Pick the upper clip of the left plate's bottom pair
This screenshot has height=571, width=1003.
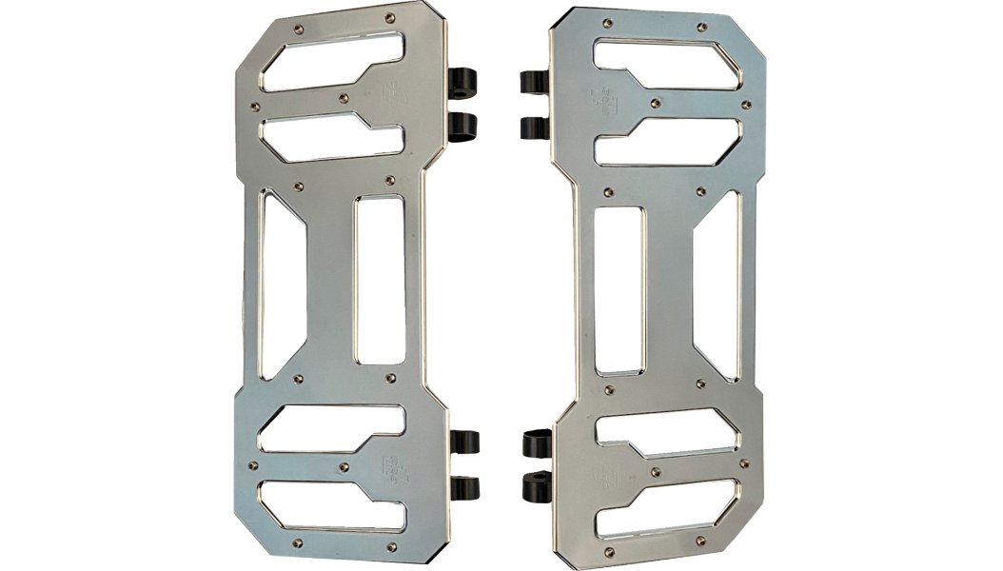464,443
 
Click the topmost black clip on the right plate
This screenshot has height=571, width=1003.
536,82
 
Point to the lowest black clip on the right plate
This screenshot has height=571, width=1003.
538,489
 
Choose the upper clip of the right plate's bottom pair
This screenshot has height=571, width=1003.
537,443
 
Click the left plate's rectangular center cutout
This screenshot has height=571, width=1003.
379,280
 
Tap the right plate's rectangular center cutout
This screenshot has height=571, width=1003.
619,289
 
